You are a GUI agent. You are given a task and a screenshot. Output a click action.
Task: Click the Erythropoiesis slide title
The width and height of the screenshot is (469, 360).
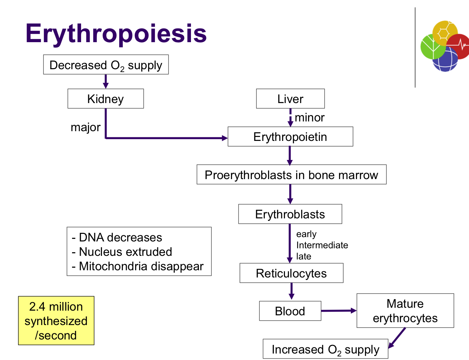pyautogui.click(x=116, y=34)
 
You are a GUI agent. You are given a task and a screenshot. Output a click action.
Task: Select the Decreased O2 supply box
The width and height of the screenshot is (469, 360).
pyautogui.click(x=106, y=65)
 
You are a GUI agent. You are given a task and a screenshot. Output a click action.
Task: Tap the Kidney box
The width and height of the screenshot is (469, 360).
pyautogui.click(x=106, y=99)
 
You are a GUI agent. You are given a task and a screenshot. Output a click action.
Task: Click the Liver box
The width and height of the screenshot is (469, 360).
pyautogui.click(x=290, y=99)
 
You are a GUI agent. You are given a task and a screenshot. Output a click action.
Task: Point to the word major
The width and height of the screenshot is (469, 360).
pyautogui.click(x=85, y=127)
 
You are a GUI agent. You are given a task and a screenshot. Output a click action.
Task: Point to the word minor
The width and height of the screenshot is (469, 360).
pyautogui.click(x=309, y=117)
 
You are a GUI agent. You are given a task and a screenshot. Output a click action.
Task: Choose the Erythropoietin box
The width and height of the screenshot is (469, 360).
pyautogui.click(x=290, y=137)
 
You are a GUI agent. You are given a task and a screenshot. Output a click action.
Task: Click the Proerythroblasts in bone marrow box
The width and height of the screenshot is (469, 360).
pyautogui.click(x=291, y=175)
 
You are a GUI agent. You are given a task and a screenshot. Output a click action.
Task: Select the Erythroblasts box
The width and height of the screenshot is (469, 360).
pyautogui.click(x=290, y=214)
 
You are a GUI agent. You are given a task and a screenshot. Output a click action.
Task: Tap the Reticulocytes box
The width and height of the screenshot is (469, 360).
pyautogui.click(x=291, y=273)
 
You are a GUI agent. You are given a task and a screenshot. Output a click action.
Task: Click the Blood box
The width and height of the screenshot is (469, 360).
pyautogui.click(x=290, y=311)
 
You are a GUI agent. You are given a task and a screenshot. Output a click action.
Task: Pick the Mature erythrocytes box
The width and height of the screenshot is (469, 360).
pyautogui.click(x=405, y=311)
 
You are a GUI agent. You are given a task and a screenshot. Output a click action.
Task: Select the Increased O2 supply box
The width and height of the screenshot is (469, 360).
pyautogui.click(x=325, y=349)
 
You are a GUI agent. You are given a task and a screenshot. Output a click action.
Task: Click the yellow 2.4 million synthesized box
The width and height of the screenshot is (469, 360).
pyautogui.click(x=56, y=321)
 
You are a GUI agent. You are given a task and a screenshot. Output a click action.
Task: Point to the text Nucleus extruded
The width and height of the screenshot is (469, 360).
pyautogui.click(x=125, y=252)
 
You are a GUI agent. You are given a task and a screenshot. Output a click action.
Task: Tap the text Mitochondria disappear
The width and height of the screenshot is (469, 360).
pyautogui.click(x=141, y=266)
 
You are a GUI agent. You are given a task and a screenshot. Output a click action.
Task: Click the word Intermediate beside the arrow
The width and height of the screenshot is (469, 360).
pyautogui.click(x=322, y=245)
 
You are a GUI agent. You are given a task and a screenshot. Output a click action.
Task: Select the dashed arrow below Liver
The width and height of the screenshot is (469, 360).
pyautogui.click(x=290, y=117)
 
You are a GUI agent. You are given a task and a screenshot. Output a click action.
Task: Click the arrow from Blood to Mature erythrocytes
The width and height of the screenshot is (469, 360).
pyautogui.click(x=338, y=311)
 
